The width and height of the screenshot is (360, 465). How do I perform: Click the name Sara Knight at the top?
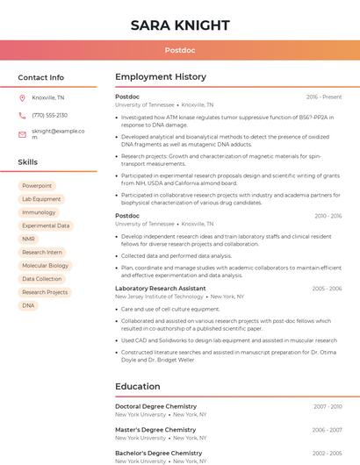pyautogui.click(x=180, y=25)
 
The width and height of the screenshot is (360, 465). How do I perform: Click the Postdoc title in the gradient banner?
pyautogui.click(x=180, y=50)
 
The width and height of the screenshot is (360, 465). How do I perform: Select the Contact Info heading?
pyautogui.click(x=41, y=77)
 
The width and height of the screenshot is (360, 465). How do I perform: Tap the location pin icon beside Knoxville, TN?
pyautogui.click(x=22, y=97)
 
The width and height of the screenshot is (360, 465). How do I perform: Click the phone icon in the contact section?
pyautogui.click(x=22, y=115)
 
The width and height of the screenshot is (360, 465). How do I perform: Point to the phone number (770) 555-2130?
pyautogui.click(x=49, y=115)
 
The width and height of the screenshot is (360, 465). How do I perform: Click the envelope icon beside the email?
pyautogui.click(x=22, y=134)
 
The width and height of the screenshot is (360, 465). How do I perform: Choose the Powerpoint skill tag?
pyautogui.click(x=37, y=186)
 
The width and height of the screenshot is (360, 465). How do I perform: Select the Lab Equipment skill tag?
pyautogui.click(x=41, y=199)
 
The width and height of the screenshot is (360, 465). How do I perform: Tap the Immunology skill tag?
pyautogui.click(x=39, y=212)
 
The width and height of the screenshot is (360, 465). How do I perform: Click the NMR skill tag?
pyautogui.click(x=29, y=239)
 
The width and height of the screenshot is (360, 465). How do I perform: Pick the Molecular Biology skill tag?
pyautogui.click(x=45, y=265)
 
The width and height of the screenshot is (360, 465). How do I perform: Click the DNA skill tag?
pyautogui.click(x=28, y=305)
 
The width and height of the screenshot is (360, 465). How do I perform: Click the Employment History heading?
pyautogui.click(x=161, y=77)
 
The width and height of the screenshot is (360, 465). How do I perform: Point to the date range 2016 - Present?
pyautogui.click(x=324, y=97)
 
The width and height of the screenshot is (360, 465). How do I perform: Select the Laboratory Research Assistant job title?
pyautogui.click(x=161, y=289)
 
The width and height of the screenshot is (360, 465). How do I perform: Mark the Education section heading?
pyautogui.click(x=138, y=386)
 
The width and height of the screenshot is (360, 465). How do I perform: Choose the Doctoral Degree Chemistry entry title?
pyautogui.click(x=156, y=406)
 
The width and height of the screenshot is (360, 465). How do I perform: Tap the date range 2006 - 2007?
pyautogui.click(x=327, y=430)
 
